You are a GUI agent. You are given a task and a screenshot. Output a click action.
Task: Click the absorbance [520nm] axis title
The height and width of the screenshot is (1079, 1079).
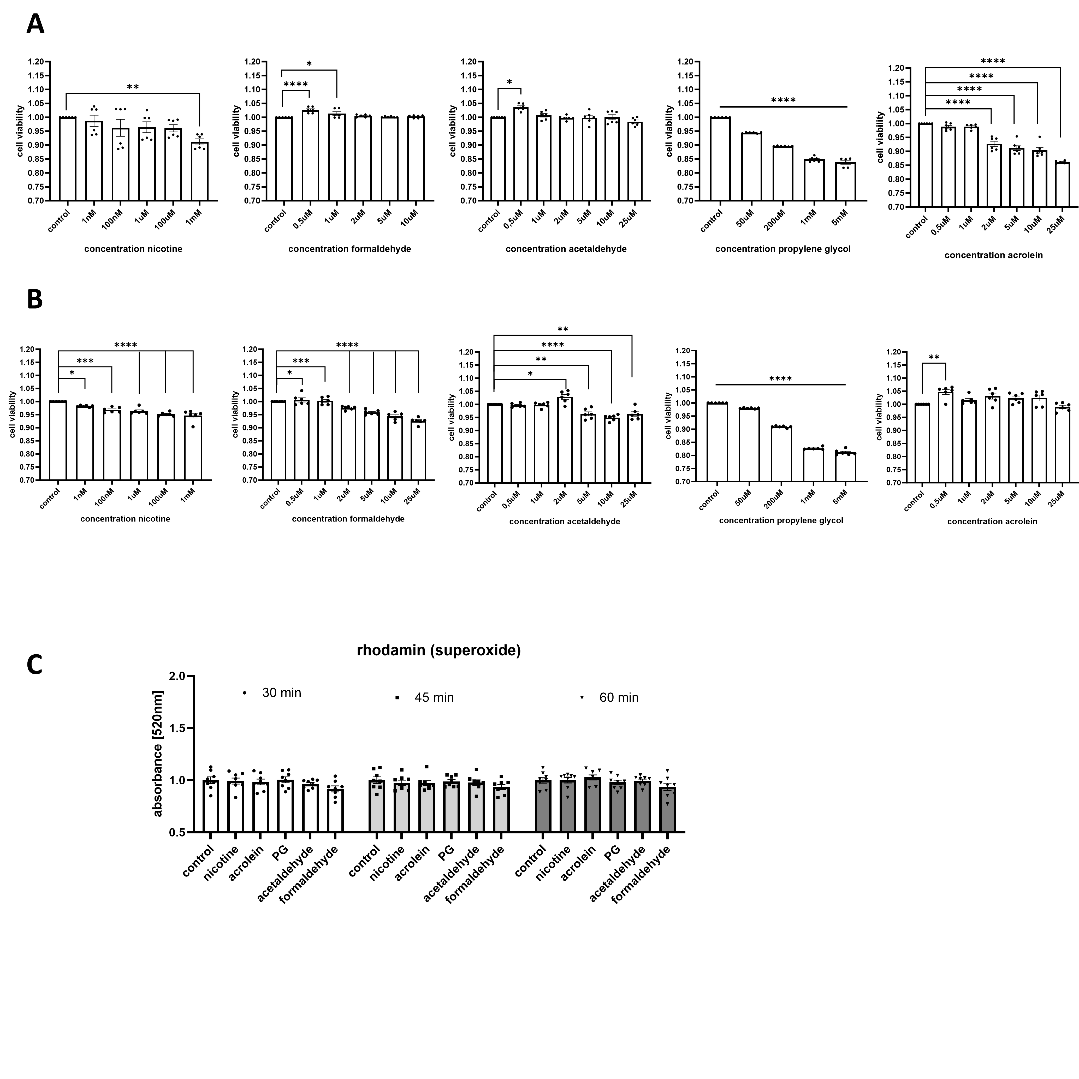click(158, 754)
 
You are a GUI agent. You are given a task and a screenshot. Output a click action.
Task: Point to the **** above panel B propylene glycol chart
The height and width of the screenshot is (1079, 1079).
click(780, 379)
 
